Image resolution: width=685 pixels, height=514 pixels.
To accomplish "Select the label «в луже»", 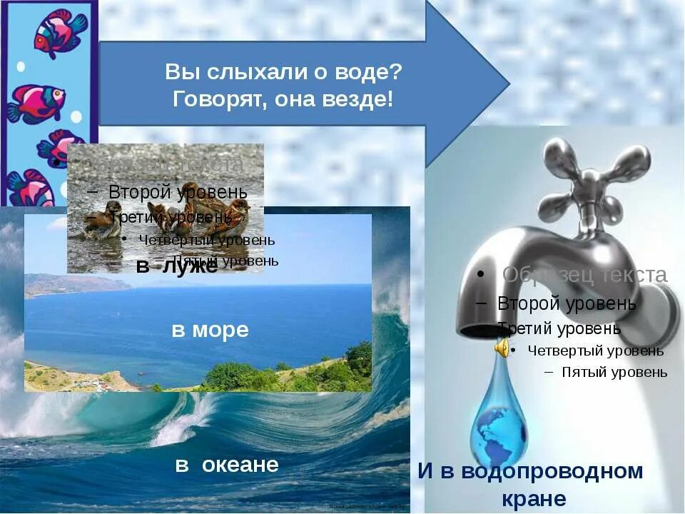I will tap(176, 267).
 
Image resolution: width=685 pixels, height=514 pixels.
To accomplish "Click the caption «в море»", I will tap(210, 330).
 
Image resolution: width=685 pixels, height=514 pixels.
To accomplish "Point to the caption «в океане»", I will tap(226, 465).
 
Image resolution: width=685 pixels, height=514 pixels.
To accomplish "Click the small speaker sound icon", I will tap(502, 348).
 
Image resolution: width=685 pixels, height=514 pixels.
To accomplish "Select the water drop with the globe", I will tap(499, 421).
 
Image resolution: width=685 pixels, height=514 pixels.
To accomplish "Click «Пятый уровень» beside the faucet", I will tap(614, 372).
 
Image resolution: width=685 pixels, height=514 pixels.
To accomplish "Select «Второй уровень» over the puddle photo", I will tap(178, 192).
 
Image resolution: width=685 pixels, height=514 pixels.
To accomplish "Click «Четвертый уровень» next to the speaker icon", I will tap(596, 351).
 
